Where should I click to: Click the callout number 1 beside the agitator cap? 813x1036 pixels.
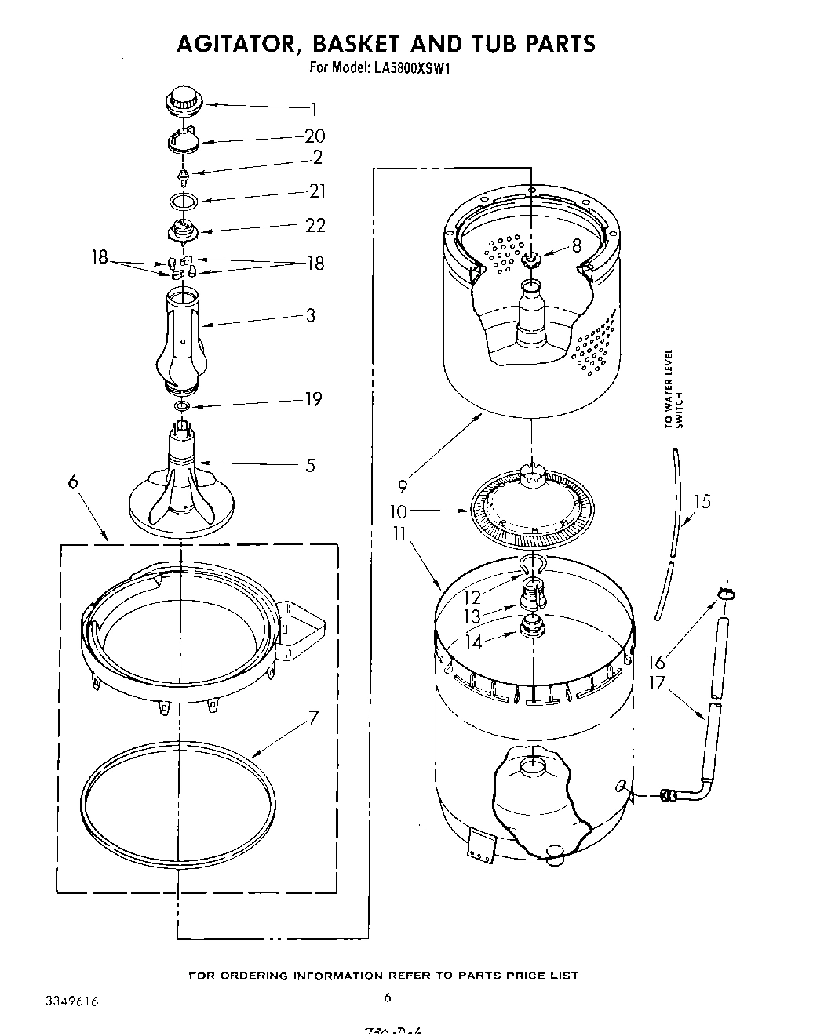pos(314,109)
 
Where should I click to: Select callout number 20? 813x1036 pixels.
pos(314,136)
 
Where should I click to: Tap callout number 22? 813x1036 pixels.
pos(315,225)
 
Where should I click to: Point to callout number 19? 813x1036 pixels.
pos(312,399)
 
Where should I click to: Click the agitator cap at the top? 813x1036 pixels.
pos(185,101)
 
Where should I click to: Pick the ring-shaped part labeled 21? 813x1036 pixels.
pos(183,200)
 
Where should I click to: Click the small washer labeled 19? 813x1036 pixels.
pos(182,406)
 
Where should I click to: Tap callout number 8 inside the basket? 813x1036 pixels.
pos(576,245)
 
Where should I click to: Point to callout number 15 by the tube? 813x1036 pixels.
pos(702,500)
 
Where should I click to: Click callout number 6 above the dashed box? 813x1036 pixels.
pos(73,482)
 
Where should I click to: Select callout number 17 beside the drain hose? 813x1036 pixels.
pos(656,682)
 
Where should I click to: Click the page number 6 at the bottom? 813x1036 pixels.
pos(387,998)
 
